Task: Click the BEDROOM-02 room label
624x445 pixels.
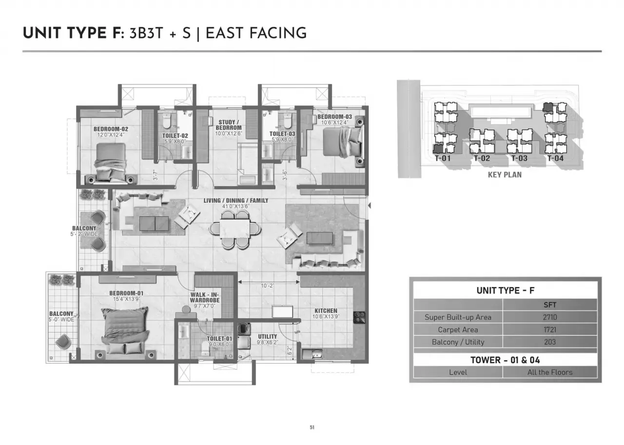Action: coord(111,129)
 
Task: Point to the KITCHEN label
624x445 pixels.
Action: coord(326,311)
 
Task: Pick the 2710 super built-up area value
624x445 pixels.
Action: coord(549,317)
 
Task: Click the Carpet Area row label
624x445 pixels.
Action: coord(458,330)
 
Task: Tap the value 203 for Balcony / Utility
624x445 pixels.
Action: coord(549,342)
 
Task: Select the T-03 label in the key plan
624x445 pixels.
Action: coord(519,158)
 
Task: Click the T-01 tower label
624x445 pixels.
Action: coord(443,158)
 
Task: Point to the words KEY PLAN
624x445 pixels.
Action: coord(505,174)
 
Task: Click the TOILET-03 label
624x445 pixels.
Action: coord(282,134)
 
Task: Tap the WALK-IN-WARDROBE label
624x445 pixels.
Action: coord(205,298)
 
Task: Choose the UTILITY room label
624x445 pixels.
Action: coord(267,337)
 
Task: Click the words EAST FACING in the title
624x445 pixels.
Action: coord(256,33)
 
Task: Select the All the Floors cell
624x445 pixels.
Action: coord(549,372)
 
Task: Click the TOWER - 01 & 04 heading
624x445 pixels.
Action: coord(505,360)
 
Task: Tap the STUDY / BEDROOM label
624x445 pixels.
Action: coord(228,125)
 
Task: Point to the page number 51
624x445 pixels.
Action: coord(312,427)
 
